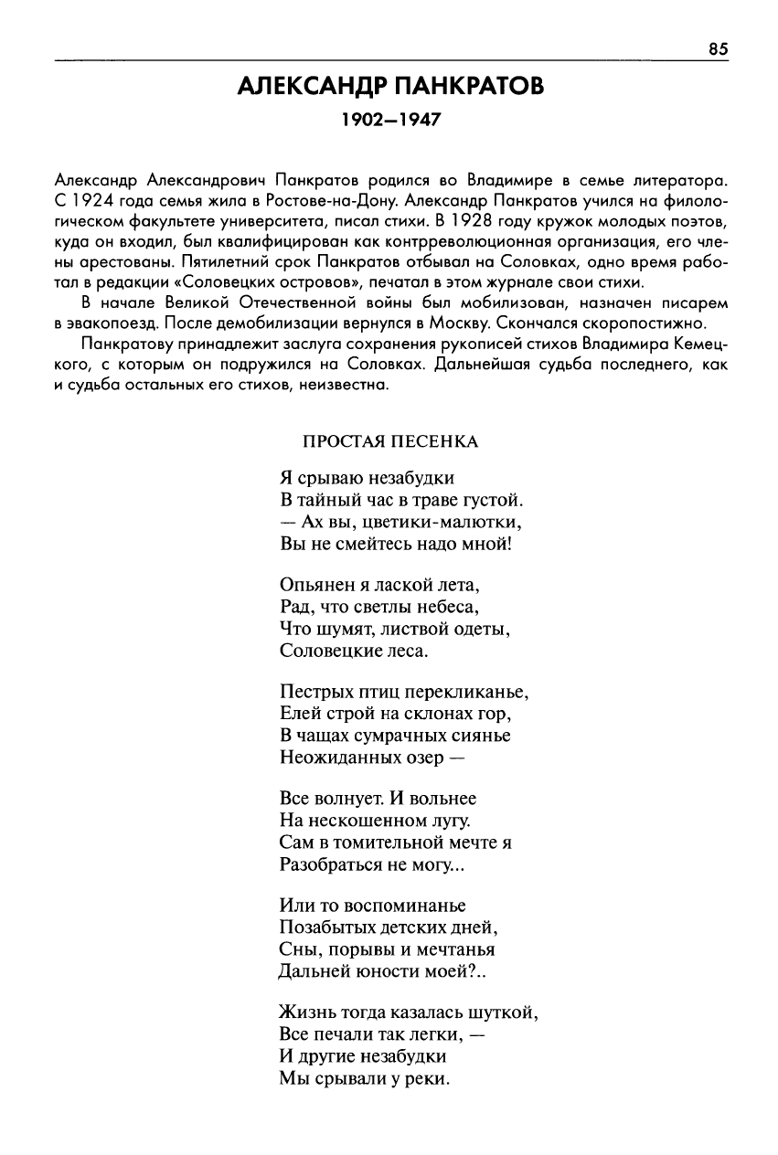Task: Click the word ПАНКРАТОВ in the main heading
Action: (469, 87)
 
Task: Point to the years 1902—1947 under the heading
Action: (390, 120)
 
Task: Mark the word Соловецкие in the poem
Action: (327, 652)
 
